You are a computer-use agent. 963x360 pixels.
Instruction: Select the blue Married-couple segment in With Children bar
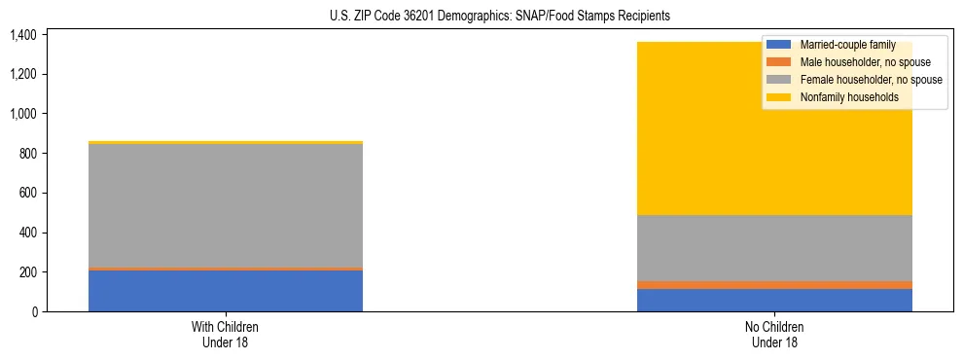point(226,291)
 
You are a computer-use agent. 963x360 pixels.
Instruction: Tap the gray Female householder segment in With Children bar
point(226,205)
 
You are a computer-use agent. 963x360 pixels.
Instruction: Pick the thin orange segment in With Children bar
point(226,269)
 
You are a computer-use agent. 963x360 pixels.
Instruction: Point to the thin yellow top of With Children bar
point(226,142)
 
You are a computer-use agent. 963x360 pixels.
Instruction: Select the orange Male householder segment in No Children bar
point(774,285)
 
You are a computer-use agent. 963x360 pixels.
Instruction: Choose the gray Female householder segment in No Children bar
point(774,248)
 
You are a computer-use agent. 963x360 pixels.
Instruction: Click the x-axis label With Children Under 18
point(226,335)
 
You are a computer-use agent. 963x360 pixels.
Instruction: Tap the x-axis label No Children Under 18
point(774,335)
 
